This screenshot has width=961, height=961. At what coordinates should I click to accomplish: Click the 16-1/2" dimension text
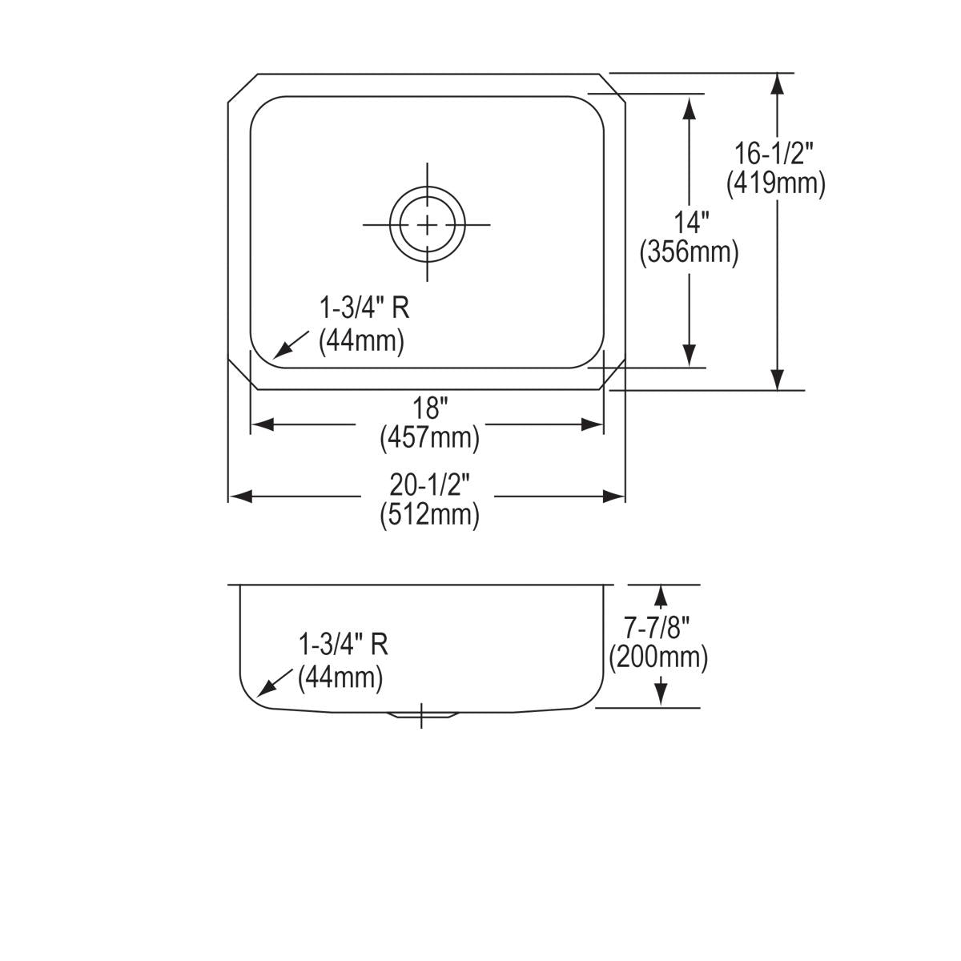774,151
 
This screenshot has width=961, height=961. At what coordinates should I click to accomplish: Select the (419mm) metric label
775,184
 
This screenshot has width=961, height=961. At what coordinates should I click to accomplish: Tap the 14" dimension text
689,221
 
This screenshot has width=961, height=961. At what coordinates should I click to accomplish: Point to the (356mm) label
689,253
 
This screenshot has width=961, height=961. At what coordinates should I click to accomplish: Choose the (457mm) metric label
429,438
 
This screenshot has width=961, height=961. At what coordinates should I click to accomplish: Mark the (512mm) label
429,514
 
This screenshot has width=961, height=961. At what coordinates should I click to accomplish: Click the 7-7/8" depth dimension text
658,626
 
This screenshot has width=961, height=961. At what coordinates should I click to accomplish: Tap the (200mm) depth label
658,658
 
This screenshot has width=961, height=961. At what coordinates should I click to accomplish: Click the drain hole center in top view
428,223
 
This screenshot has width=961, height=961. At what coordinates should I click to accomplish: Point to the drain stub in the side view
421,714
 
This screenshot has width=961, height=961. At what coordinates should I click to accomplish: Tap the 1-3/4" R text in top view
364,308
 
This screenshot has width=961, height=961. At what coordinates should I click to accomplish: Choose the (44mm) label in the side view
340,679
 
